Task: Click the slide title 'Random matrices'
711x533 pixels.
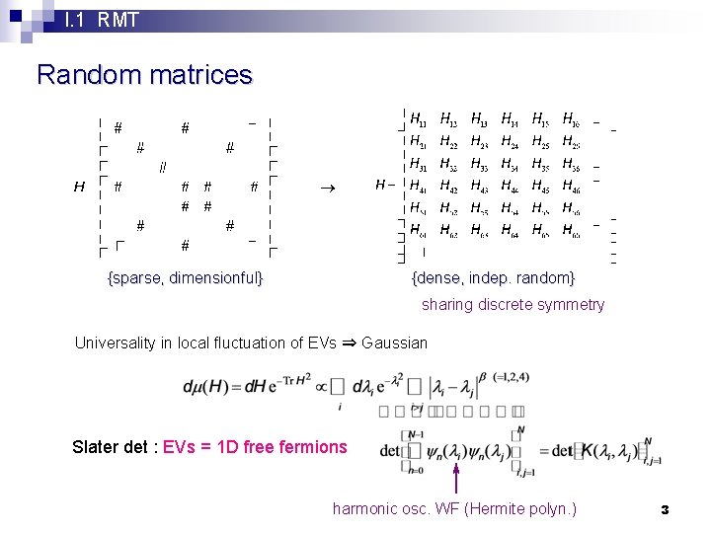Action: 144,75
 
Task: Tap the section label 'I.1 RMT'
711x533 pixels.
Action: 101,19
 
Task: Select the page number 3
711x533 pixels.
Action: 665,509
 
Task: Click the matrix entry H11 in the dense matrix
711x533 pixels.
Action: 419,120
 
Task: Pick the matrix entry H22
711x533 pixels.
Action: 448,142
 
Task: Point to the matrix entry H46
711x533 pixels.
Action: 571,186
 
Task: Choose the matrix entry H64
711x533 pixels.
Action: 510,231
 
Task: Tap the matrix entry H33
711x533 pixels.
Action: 479,164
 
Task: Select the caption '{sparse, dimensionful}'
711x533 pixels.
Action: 185,277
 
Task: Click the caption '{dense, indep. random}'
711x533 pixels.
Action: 493,277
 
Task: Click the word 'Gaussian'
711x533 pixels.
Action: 395,343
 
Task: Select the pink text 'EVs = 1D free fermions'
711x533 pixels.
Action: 255,447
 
